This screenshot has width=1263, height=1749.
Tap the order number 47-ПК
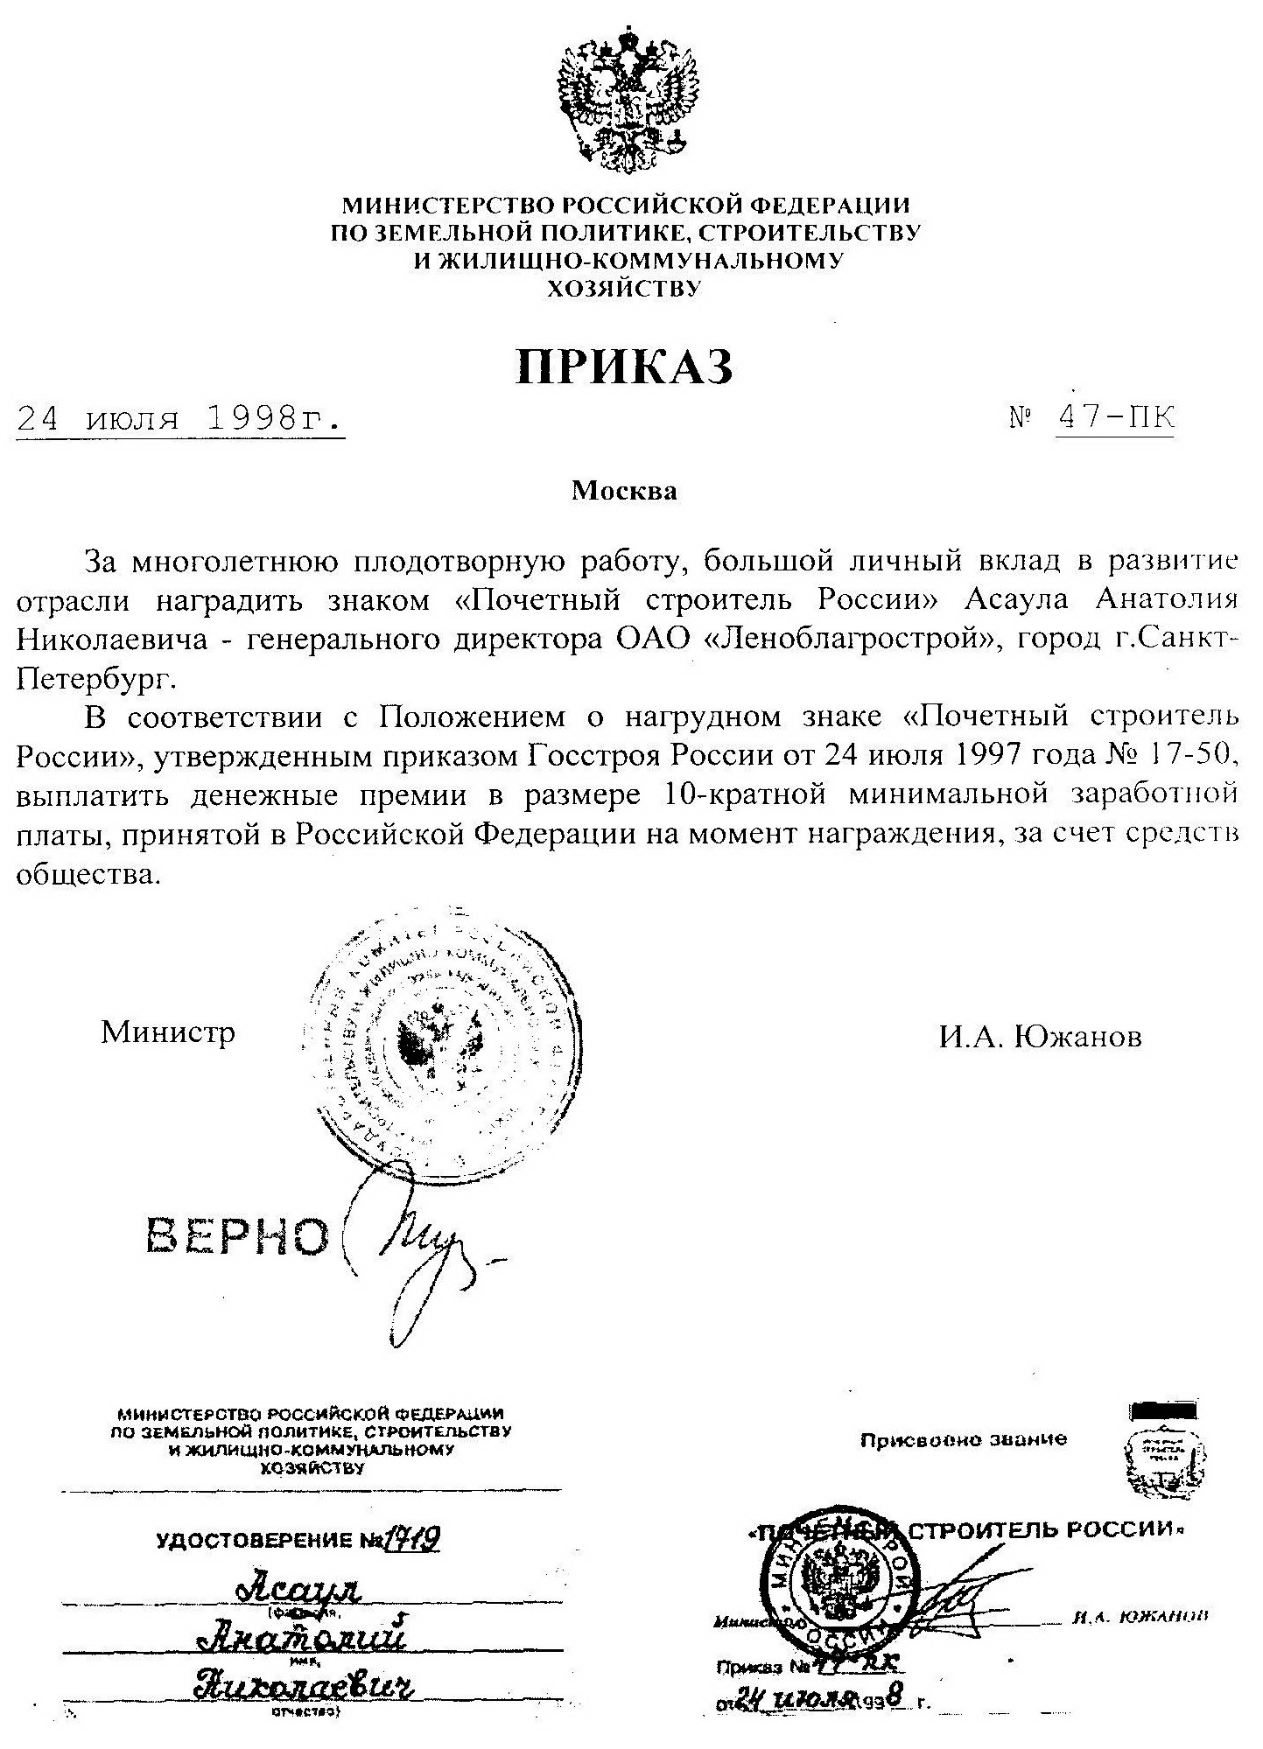(x=1115, y=417)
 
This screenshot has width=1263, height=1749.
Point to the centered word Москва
(x=624, y=491)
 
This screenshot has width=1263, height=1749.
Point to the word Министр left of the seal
(x=168, y=1032)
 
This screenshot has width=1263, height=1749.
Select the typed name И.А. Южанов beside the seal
(x=1041, y=1038)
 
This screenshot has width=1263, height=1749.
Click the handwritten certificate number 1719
(x=409, y=1537)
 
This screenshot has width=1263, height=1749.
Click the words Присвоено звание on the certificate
(x=963, y=1439)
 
